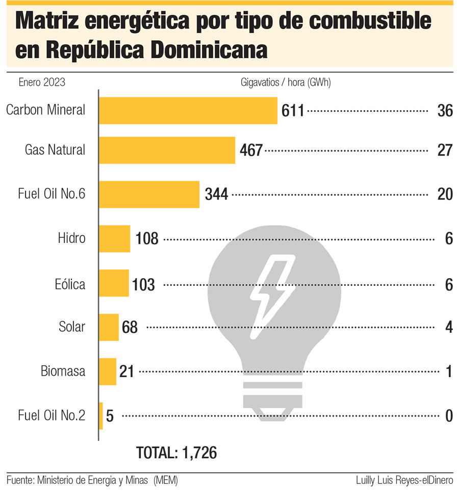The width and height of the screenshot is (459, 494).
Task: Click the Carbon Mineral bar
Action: pos(188,110)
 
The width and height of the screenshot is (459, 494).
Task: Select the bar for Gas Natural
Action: pos(167,150)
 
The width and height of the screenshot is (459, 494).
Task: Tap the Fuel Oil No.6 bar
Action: pos(149,194)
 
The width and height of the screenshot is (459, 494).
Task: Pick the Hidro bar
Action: pos(115,238)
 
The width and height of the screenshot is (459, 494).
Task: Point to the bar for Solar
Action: pos(109,327)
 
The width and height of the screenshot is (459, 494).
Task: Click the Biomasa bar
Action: pos(108,372)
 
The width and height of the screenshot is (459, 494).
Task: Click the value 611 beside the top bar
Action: pos(293,110)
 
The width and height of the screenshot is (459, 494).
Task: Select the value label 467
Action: pos(251,150)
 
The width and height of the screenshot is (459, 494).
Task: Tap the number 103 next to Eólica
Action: pos(143,284)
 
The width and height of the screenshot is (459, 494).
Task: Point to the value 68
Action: pos(130,328)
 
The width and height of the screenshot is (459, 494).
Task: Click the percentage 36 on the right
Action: pos(445,111)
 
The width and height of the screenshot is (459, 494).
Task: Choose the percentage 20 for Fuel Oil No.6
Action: pos(445,194)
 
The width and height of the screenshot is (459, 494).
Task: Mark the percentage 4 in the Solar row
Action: pos(449,328)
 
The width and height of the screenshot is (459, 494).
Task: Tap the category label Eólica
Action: pos(70,284)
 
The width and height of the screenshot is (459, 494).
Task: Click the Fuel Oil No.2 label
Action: pos(51,416)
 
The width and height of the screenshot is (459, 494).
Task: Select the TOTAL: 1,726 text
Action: pos(176,452)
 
